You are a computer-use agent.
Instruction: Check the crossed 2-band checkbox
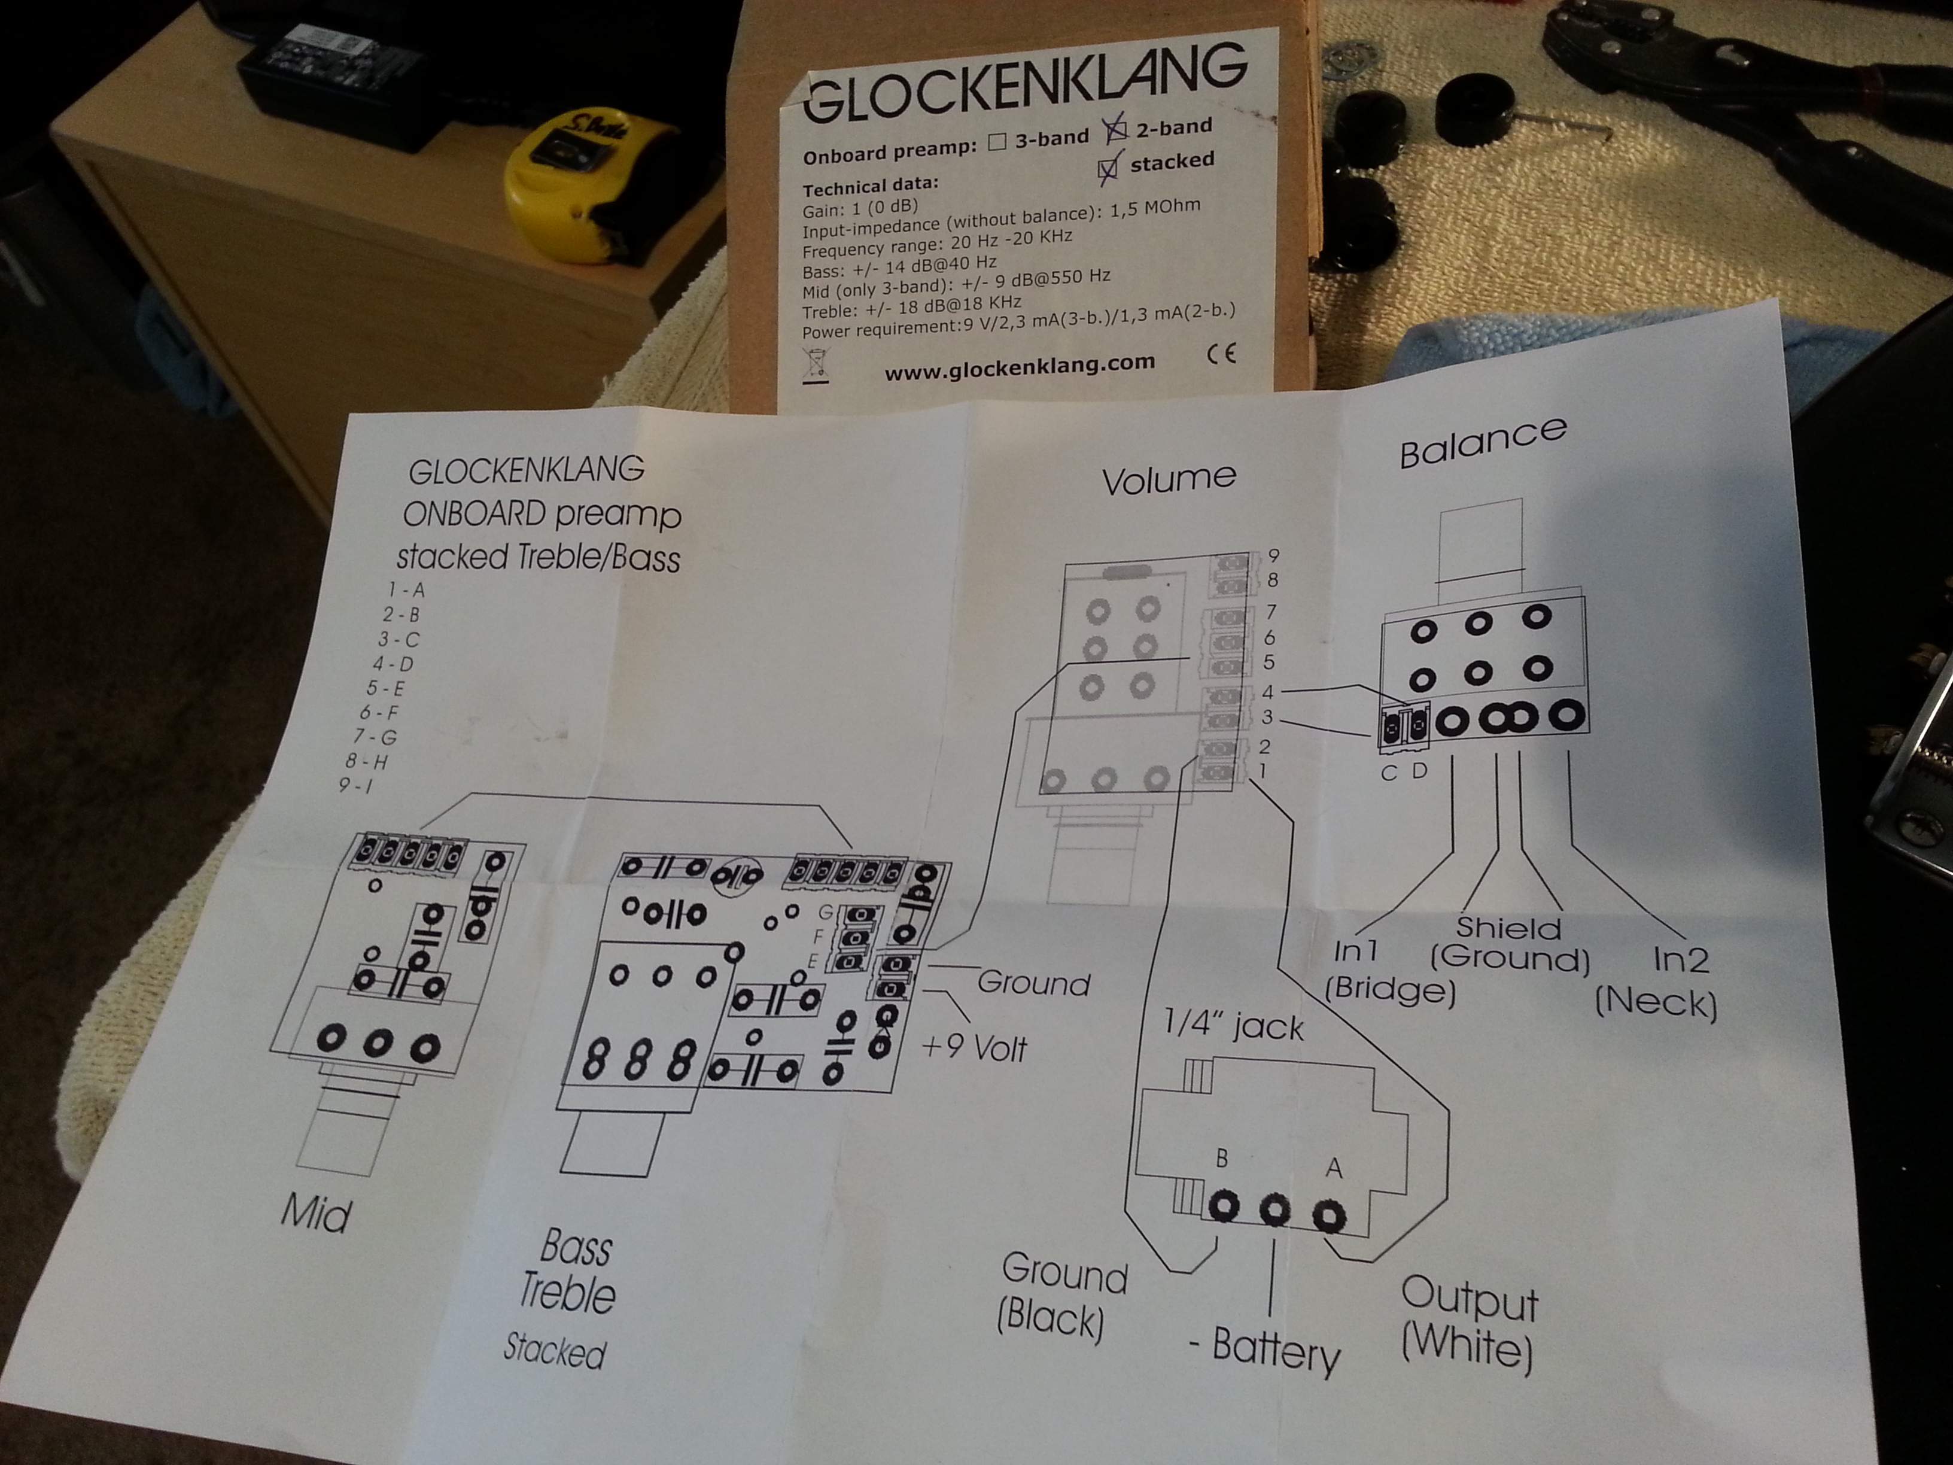(x=1117, y=130)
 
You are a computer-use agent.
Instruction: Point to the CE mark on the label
(x=1221, y=353)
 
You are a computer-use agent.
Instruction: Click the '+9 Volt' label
(x=974, y=1047)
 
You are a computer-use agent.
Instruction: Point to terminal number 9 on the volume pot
(x=1273, y=555)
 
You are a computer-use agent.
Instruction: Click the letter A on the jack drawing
(x=1333, y=1168)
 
